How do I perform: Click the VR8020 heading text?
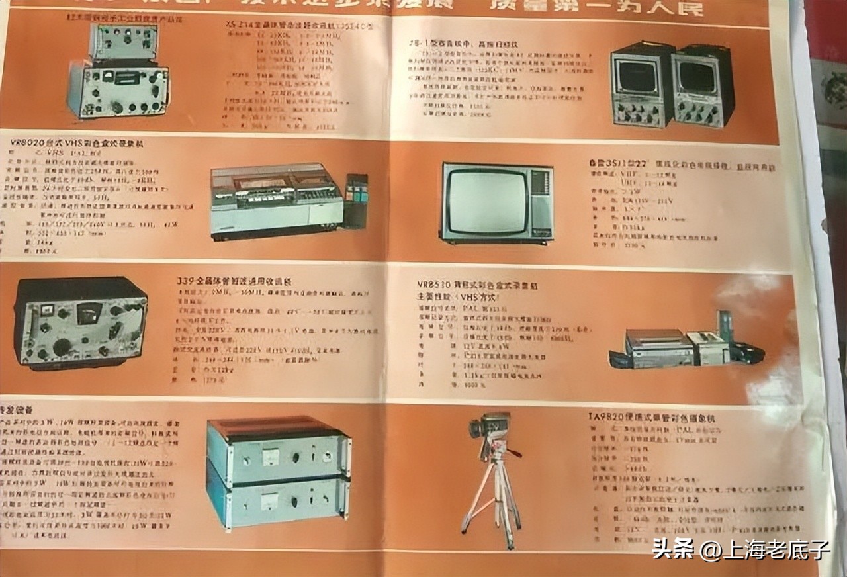coord(76,142)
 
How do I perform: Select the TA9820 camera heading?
coord(651,418)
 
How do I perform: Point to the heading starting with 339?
coord(236,282)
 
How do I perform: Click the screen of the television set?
coord(486,201)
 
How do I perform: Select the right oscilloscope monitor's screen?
coord(697,77)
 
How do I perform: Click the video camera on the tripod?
coord(490,427)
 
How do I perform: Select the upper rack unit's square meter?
coord(269,456)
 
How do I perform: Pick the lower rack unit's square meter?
coord(269,502)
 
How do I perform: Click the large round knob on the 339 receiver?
coord(63,346)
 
